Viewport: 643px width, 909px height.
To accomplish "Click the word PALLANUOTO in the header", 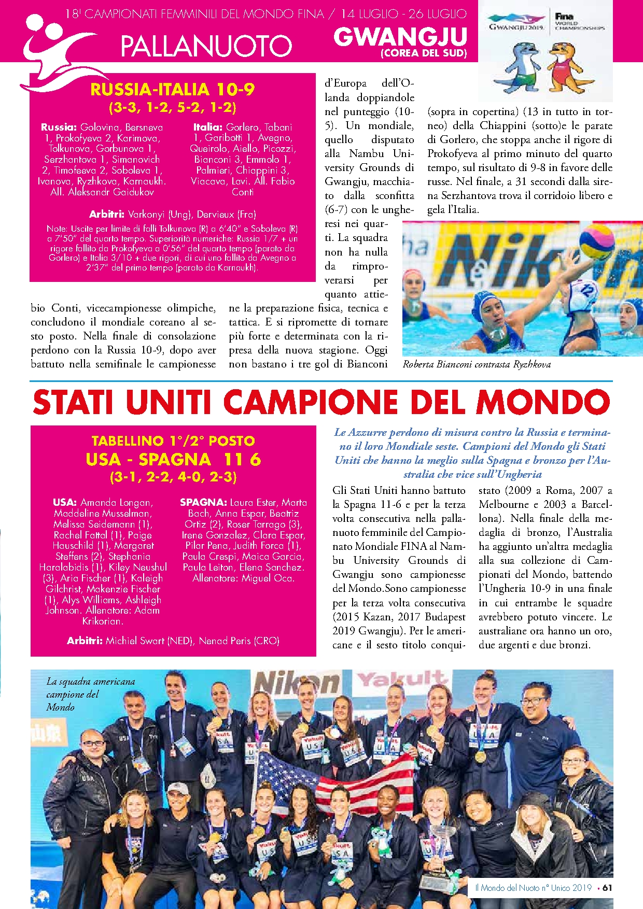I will tap(206, 46).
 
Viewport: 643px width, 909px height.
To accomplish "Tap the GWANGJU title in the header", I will tap(400, 37).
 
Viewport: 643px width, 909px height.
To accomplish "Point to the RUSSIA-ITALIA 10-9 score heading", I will tap(172, 90).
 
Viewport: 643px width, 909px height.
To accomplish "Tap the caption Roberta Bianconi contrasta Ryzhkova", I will tap(477, 364).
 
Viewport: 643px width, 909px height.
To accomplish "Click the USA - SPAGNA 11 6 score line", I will tap(173, 459).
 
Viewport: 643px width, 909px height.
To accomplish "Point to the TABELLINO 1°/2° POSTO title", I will tap(173, 441).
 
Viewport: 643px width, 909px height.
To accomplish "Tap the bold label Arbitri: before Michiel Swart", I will tap(85, 641).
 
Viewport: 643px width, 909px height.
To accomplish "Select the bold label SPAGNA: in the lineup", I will tap(203, 502).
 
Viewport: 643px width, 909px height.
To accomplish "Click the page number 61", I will tap(607, 888).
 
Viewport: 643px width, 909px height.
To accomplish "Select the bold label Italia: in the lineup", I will tap(208, 127).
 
